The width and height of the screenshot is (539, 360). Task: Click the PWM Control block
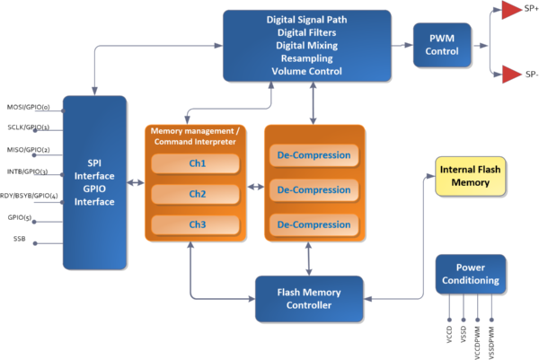[443, 45]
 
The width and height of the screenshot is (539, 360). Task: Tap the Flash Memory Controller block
[309, 298]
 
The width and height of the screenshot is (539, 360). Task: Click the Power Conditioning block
[470, 273]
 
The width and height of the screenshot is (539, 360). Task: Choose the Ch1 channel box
[195, 164]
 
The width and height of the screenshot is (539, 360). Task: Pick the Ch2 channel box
[195, 194]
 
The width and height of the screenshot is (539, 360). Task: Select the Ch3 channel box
[195, 224]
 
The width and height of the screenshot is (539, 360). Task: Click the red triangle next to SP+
[511, 12]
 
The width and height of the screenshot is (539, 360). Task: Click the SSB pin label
[19, 238]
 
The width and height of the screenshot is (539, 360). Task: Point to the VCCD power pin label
[448, 334]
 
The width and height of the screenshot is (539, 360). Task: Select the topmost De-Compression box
[314, 155]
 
